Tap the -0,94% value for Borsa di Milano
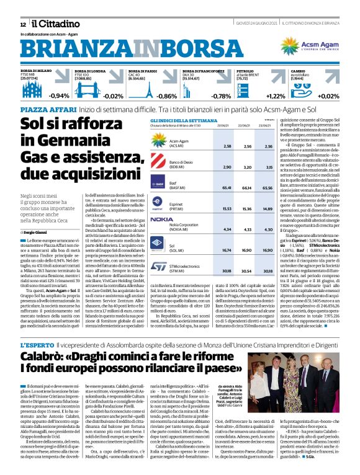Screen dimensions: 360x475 [60, 96]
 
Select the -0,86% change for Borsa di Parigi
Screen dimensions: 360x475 [167, 96]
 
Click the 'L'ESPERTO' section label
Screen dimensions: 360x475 [37, 344]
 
